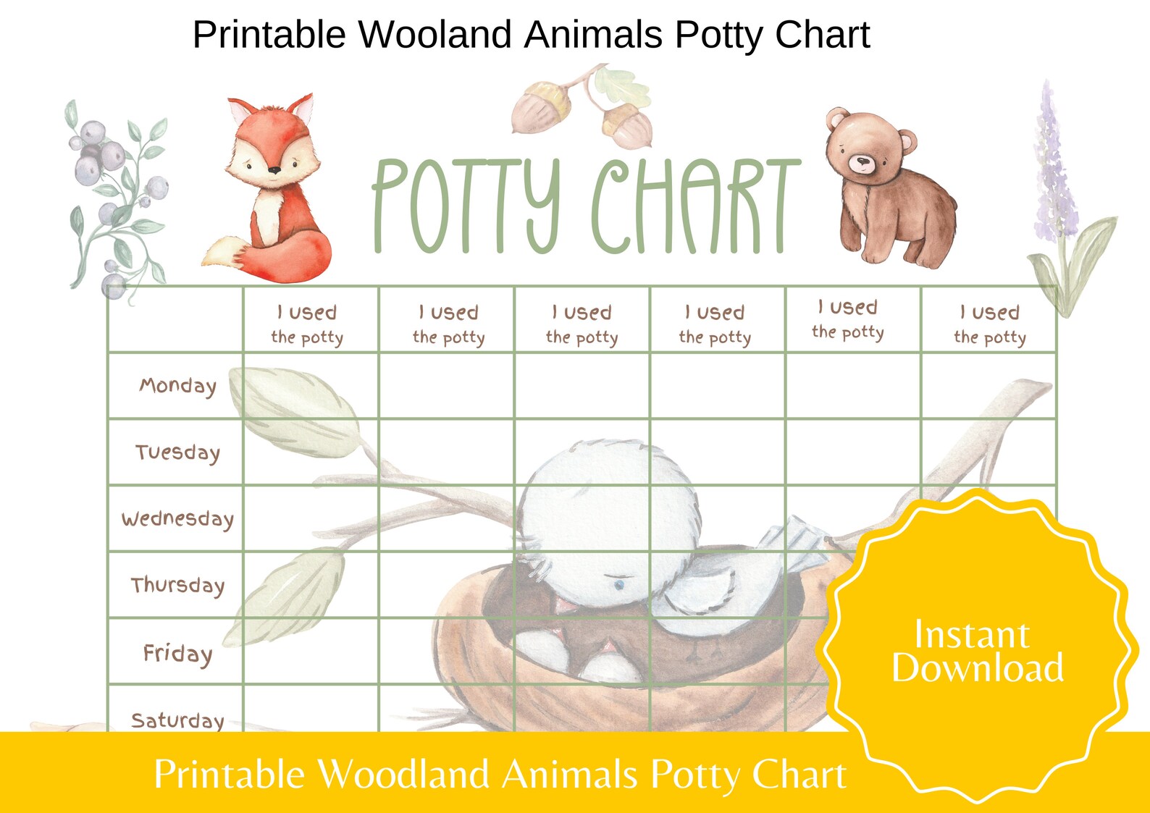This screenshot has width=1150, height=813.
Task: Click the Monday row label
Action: click(177, 386)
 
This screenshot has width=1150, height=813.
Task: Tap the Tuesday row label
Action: click(177, 452)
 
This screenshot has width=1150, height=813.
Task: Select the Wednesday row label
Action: click(177, 519)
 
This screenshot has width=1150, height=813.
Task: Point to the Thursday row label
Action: click(177, 585)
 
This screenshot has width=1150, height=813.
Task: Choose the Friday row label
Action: click(177, 653)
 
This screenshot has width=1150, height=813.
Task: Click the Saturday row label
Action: click(177, 720)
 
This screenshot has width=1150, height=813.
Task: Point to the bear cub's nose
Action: click(862, 161)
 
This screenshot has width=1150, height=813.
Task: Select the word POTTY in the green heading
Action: click(467, 206)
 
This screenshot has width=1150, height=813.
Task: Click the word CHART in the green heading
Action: click(695, 206)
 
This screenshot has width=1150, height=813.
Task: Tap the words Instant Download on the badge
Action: click(976, 652)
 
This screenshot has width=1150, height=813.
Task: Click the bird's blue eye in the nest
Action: click(618, 583)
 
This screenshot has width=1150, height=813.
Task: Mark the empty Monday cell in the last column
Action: click(989, 386)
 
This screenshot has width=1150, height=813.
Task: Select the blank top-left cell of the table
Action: click(176, 319)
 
